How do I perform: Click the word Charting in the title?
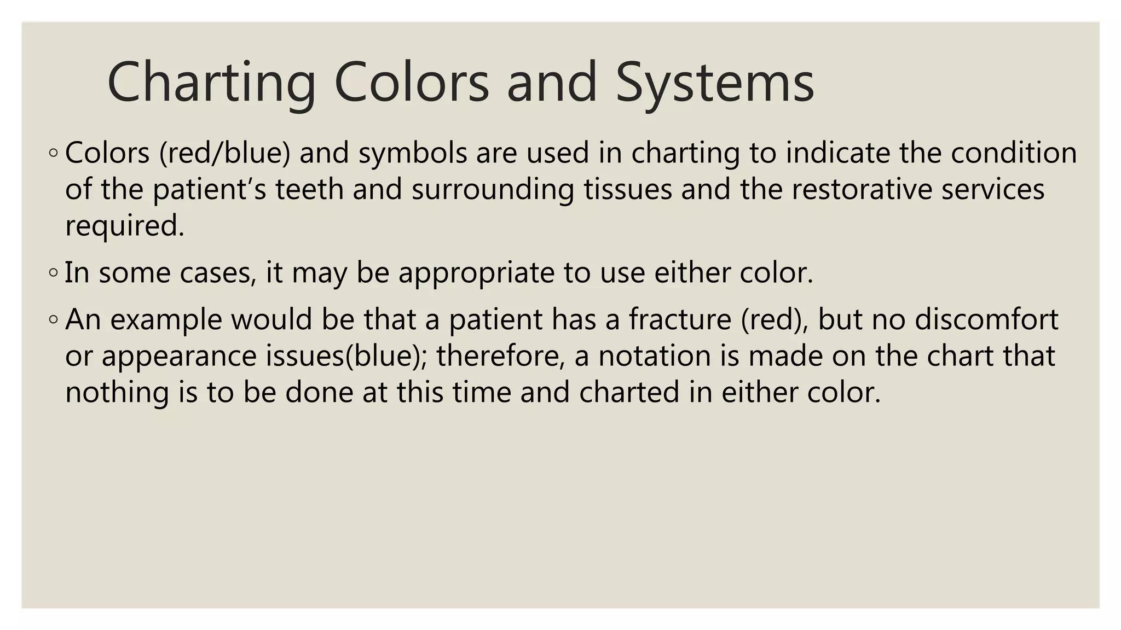tap(211, 83)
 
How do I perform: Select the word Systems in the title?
tap(715, 83)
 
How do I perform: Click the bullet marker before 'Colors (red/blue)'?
tap(53, 154)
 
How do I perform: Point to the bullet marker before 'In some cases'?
tap(53, 272)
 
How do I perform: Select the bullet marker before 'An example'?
tap(53, 320)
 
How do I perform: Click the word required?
tap(124, 226)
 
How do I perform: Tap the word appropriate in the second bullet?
tap(476, 273)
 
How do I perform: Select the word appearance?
tap(179, 357)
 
